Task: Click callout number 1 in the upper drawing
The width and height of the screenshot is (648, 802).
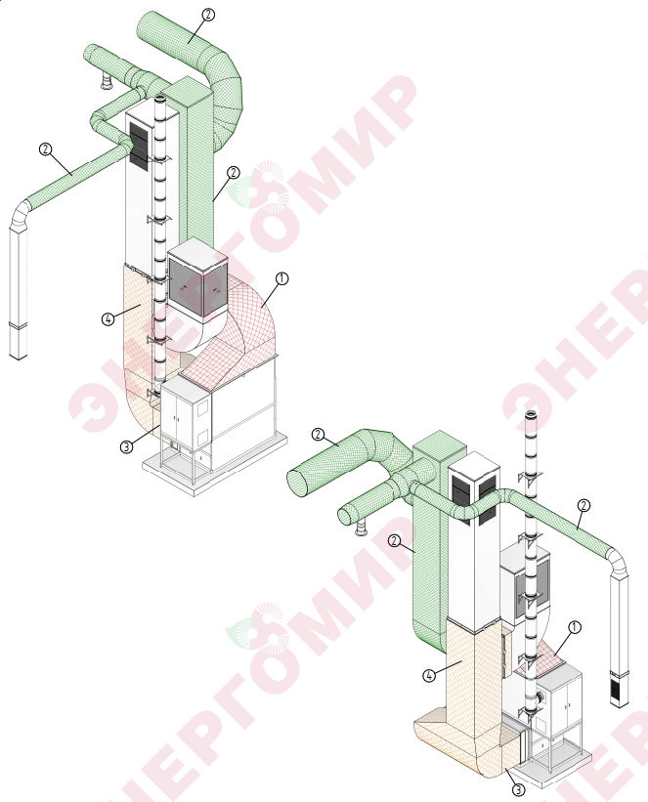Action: point(282,278)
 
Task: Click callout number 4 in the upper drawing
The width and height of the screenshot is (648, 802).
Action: point(108,319)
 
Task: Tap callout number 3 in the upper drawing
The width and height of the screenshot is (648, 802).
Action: point(126,446)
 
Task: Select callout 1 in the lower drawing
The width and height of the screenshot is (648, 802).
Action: point(575,627)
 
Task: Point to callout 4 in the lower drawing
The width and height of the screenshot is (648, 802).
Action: point(429,676)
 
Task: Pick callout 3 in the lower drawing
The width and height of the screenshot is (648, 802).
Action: point(519,789)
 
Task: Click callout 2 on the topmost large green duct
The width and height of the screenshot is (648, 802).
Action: point(208,15)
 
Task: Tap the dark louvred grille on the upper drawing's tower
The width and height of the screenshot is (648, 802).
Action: point(139,146)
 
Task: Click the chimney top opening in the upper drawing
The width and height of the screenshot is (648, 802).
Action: point(159,98)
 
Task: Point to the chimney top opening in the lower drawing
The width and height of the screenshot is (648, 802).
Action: point(532,414)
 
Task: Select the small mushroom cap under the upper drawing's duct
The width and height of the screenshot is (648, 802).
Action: point(107,82)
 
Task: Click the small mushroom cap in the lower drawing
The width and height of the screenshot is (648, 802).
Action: point(361,529)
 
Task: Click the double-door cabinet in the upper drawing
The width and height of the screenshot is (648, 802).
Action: point(186,413)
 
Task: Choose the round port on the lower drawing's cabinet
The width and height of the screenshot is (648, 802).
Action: point(540,698)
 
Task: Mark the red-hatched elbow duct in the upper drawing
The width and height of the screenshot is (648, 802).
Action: point(240,327)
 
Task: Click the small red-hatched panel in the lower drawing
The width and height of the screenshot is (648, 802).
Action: point(543,662)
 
